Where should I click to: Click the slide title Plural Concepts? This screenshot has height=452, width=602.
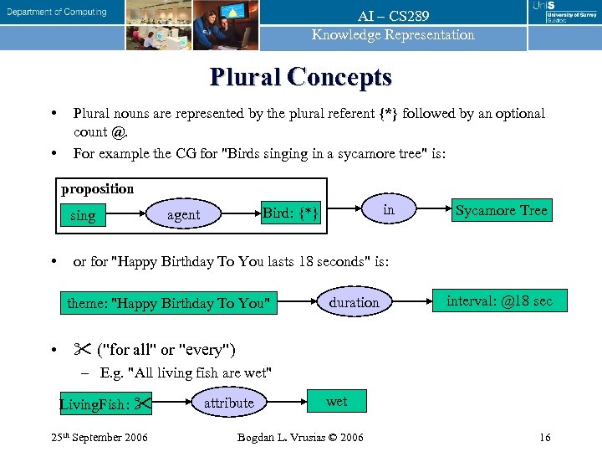tap(301, 77)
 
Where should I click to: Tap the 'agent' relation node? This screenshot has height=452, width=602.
tap(184, 215)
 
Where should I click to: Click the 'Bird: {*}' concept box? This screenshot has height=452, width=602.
tap(289, 213)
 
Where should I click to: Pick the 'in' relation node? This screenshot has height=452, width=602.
tap(388, 210)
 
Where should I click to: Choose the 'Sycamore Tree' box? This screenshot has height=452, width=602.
tap(502, 210)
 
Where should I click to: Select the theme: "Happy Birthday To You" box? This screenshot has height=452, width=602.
tap(169, 302)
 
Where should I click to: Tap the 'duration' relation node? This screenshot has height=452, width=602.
tap(354, 302)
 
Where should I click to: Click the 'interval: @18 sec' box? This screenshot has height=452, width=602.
tap(499, 300)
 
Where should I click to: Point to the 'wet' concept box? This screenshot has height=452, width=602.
tap(336, 402)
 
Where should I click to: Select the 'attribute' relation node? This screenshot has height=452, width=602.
tap(228, 403)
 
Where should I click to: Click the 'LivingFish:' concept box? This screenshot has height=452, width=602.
tap(105, 405)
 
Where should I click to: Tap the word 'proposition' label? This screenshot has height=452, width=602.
tap(97, 188)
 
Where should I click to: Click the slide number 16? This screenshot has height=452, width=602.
tap(544, 437)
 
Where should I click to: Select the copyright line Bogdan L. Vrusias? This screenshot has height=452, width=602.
tap(300, 437)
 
